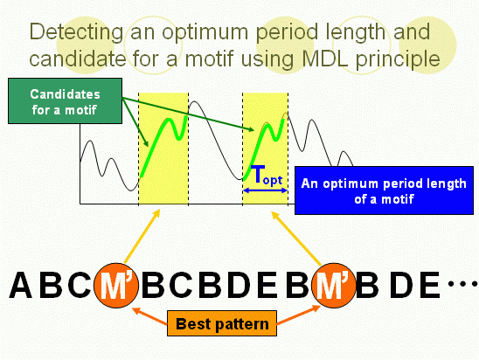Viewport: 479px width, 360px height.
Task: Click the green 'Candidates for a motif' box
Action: click(65, 101)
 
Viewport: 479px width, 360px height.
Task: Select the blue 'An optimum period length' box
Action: click(384, 190)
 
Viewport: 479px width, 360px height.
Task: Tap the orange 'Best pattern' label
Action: click(222, 323)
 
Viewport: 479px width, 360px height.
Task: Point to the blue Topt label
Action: click(267, 176)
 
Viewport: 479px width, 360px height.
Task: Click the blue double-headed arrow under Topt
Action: click(265, 190)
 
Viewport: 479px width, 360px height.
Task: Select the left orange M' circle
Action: click(116, 286)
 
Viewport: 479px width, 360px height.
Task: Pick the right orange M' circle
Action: click(334, 286)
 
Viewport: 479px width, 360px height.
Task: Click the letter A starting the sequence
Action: click(21, 285)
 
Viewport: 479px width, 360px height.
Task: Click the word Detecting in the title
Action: click(76, 33)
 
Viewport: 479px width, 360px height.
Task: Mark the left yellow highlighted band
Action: click(163, 149)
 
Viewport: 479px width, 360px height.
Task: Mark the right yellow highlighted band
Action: click(265, 149)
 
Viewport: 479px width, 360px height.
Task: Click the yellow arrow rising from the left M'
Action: click(142, 236)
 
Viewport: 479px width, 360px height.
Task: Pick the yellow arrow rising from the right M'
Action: click(296, 239)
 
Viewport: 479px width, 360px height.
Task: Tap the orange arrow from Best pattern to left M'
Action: click(149, 315)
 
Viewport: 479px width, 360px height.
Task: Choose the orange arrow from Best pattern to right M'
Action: click(298, 315)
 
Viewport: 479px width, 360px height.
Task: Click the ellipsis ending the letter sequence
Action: click(462, 284)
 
